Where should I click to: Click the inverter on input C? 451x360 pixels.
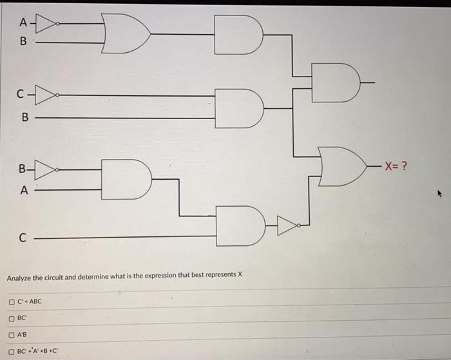coord(46,96)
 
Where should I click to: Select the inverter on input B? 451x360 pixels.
coord(46,170)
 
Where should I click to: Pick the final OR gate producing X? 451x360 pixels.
coord(341,167)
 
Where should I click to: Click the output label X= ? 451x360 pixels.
coord(395,166)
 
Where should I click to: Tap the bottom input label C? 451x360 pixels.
coord(22,237)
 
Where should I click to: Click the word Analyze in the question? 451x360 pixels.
coord(19,278)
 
